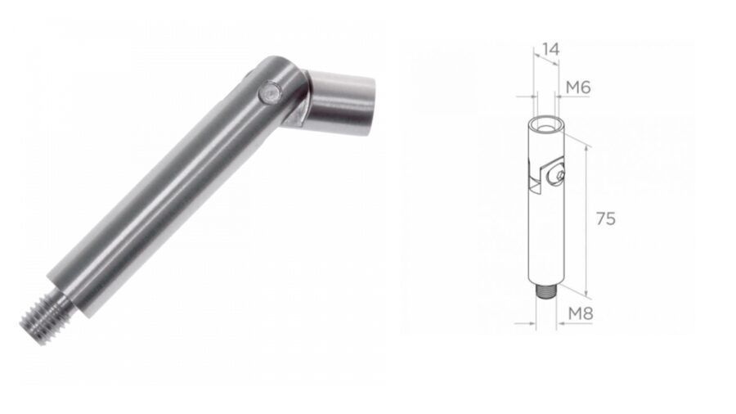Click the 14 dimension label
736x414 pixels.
tap(550, 49)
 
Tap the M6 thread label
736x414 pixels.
tap(578, 88)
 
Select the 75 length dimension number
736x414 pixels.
tap(605, 218)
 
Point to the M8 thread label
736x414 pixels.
tap(581, 313)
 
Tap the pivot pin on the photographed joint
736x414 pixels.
tap(269, 92)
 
